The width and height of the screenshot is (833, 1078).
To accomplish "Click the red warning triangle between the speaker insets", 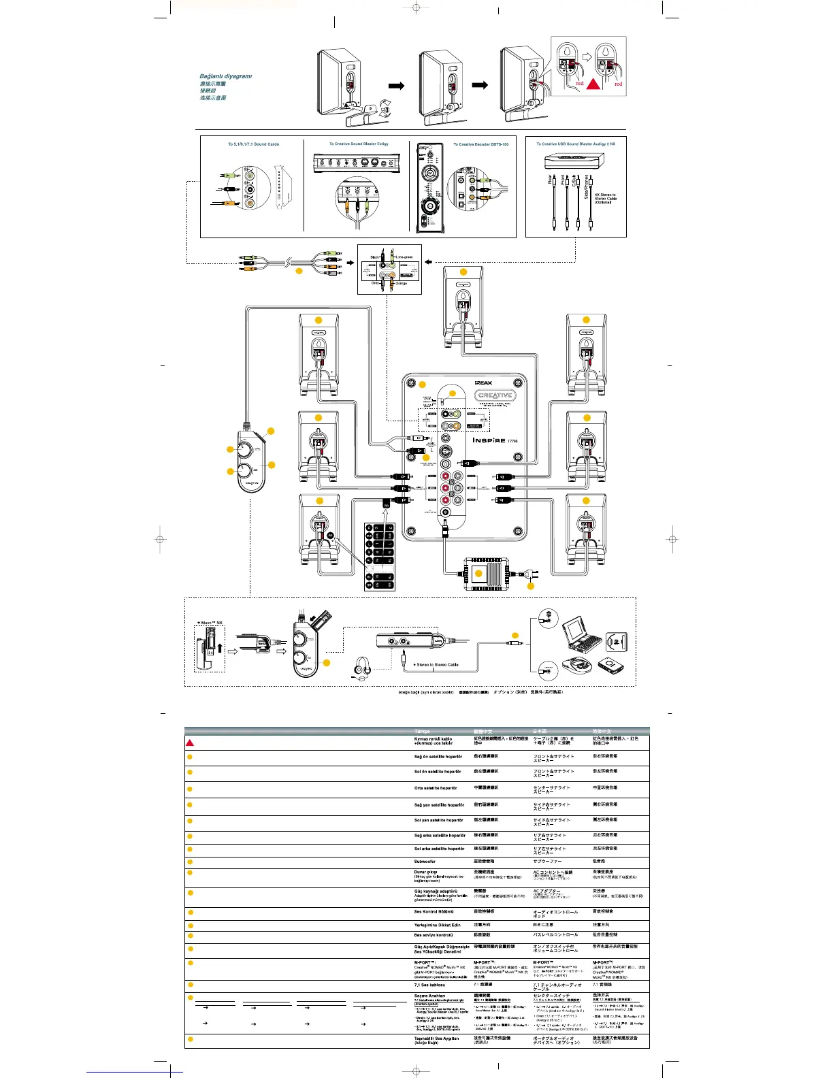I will [593, 84].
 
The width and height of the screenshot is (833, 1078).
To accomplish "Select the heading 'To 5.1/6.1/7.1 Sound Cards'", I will [253, 144].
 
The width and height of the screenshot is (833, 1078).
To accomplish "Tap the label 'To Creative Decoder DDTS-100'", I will [480, 144].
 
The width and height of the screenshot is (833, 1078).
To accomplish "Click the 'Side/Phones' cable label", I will [587, 186].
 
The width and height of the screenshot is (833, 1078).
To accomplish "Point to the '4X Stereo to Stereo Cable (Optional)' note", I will [605, 198].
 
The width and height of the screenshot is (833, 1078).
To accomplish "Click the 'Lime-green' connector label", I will [404, 257].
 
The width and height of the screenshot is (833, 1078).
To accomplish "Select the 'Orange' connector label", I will [401, 283].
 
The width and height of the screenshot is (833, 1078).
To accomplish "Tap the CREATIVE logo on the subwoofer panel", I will [495, 395].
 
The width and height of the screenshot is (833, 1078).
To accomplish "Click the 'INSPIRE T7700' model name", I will [495, 440].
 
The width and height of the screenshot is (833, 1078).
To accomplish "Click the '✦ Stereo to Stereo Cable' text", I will [436, 665].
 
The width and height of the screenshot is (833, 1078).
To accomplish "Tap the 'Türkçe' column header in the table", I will [422, 732].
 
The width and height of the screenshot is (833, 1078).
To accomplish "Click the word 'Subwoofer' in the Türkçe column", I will [425, 862].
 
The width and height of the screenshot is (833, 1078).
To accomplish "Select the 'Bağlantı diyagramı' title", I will [225, 76].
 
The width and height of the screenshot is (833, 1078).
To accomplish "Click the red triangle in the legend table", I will [190, 742].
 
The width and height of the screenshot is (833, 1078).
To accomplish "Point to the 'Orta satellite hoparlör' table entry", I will [436, 788].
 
